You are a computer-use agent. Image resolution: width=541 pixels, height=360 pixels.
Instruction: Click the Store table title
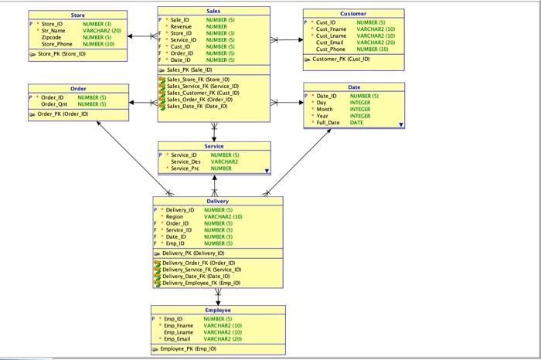(x=78, y=15)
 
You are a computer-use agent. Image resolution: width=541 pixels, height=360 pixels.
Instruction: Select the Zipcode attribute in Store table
(x=51, y=37)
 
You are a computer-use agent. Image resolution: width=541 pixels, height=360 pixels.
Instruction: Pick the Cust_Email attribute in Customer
(x=330, y=42)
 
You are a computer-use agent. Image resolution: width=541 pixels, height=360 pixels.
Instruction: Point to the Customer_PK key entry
(x=341, y=59)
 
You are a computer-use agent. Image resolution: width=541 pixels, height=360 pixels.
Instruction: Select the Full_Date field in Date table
(x=328, y=123)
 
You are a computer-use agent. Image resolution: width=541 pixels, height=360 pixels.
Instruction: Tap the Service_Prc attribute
(x=185, y=168)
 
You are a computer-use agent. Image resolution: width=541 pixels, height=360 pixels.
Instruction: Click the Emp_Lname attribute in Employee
(x=179, y=332)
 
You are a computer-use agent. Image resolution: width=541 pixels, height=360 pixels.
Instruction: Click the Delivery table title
(x=217, y=201)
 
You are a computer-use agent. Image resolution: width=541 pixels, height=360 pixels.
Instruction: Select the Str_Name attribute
(x=53, y=31)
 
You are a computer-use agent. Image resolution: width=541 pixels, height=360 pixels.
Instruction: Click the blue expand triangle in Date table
(x=400, y=124)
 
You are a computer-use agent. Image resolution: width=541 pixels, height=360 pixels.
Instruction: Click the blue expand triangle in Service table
(x=267, y=170)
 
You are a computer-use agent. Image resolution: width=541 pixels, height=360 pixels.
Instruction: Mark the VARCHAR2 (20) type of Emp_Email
(x=223, y=339)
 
